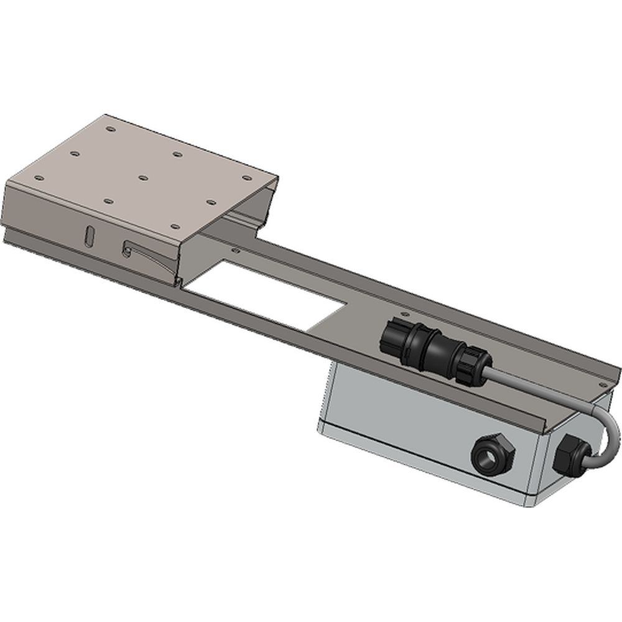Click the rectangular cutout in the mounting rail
(x=267, y=295)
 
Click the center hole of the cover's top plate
(x=142, y=177)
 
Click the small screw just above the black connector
(x=406, y=315)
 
